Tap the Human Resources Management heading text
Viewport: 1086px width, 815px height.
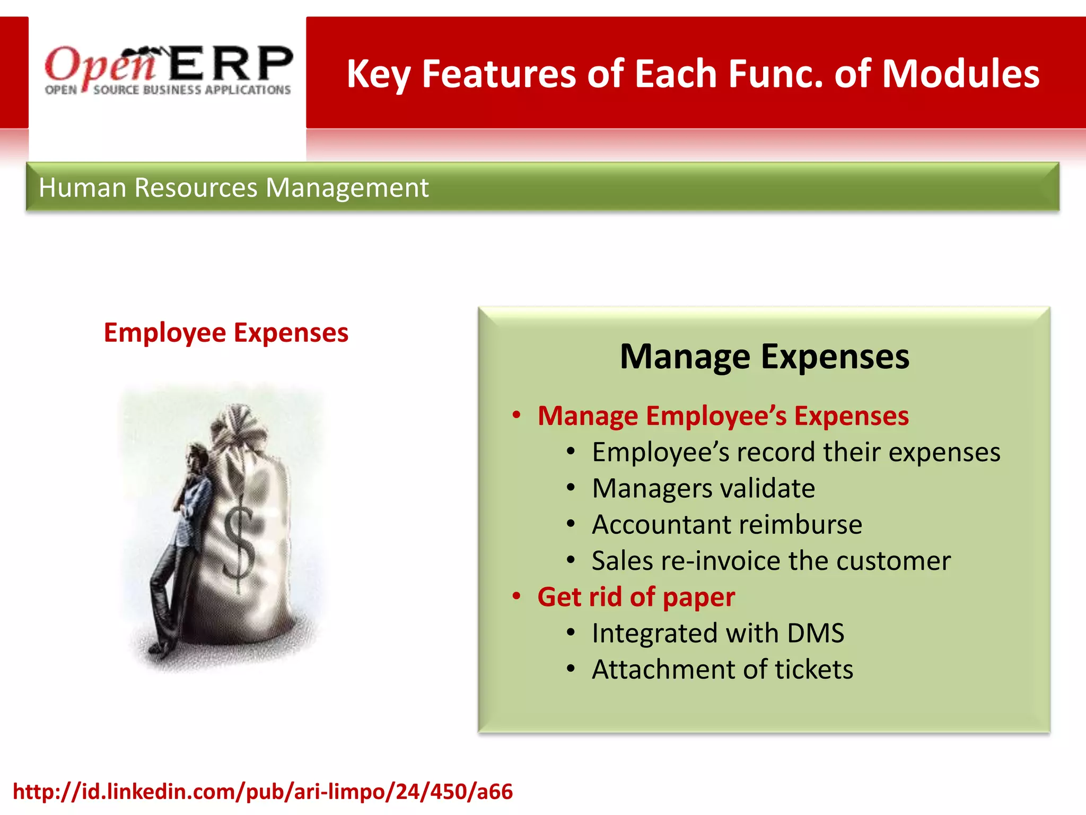point(233,188)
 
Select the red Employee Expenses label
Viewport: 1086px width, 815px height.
point(226,333)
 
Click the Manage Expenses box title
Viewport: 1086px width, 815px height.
point(764,357)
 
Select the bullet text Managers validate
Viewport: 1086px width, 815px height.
point(703,488)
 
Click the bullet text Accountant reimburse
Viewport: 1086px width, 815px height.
point(726,524)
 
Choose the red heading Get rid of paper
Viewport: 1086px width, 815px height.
point(636,597)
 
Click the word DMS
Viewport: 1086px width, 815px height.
point(816,633)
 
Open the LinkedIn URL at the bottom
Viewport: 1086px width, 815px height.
point(262,791)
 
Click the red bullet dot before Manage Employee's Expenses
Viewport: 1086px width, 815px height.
point(516,415)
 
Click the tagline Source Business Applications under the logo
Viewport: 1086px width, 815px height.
point(192,90)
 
